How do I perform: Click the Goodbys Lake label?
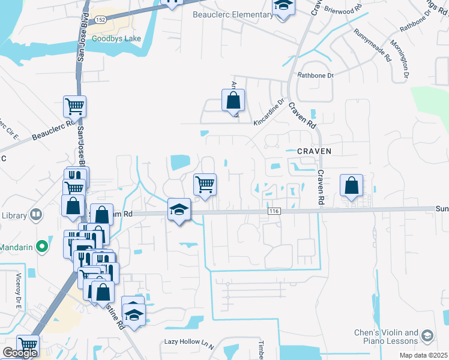pos(116,38)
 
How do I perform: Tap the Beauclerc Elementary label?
pos(232,14)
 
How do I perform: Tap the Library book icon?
pos(36,214)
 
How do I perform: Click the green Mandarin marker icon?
pos(41,246)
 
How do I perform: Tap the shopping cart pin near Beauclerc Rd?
pos(74,107)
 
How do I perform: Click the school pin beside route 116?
pos(178,210)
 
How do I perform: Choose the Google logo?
pos(20,353)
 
